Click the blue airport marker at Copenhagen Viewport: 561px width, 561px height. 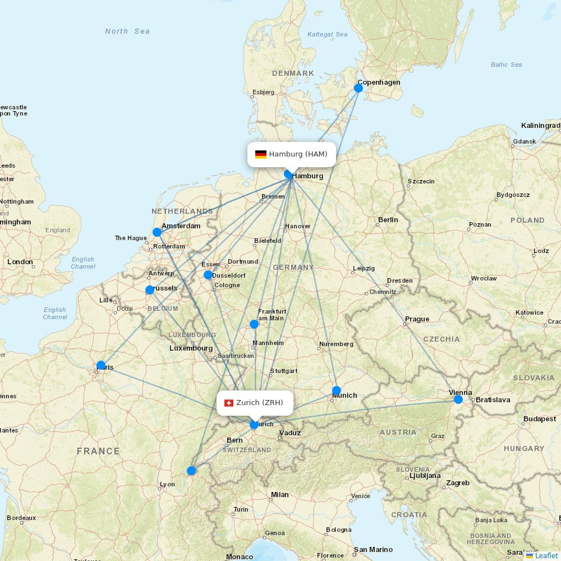(358, 88)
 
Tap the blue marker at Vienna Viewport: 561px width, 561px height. (458, 399)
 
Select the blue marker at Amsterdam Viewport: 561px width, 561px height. (157, 232)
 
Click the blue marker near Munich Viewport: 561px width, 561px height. (336, 390)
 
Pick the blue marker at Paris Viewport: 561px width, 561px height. (101, 365)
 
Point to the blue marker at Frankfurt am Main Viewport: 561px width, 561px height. (254, 324)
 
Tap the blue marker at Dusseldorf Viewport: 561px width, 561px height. (208, 275)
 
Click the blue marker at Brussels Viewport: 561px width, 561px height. (150, 290)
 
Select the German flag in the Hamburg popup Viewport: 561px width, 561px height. (260, 154)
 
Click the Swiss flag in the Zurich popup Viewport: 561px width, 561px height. (229, 403)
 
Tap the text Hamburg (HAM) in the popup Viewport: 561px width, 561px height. (298, 154)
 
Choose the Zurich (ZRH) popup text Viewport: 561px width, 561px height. (260, 403)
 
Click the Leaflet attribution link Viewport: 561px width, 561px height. (546, 555)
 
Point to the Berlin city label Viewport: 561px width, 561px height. (388, 220)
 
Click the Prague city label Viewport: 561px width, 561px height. (417, 319)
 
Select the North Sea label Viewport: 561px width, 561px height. (127, 31)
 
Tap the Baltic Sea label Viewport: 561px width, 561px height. (506, 65)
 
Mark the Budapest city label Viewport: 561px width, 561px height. (540, 419)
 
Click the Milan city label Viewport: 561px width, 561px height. (279, 495)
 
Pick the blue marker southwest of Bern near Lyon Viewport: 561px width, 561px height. (191, 471)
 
